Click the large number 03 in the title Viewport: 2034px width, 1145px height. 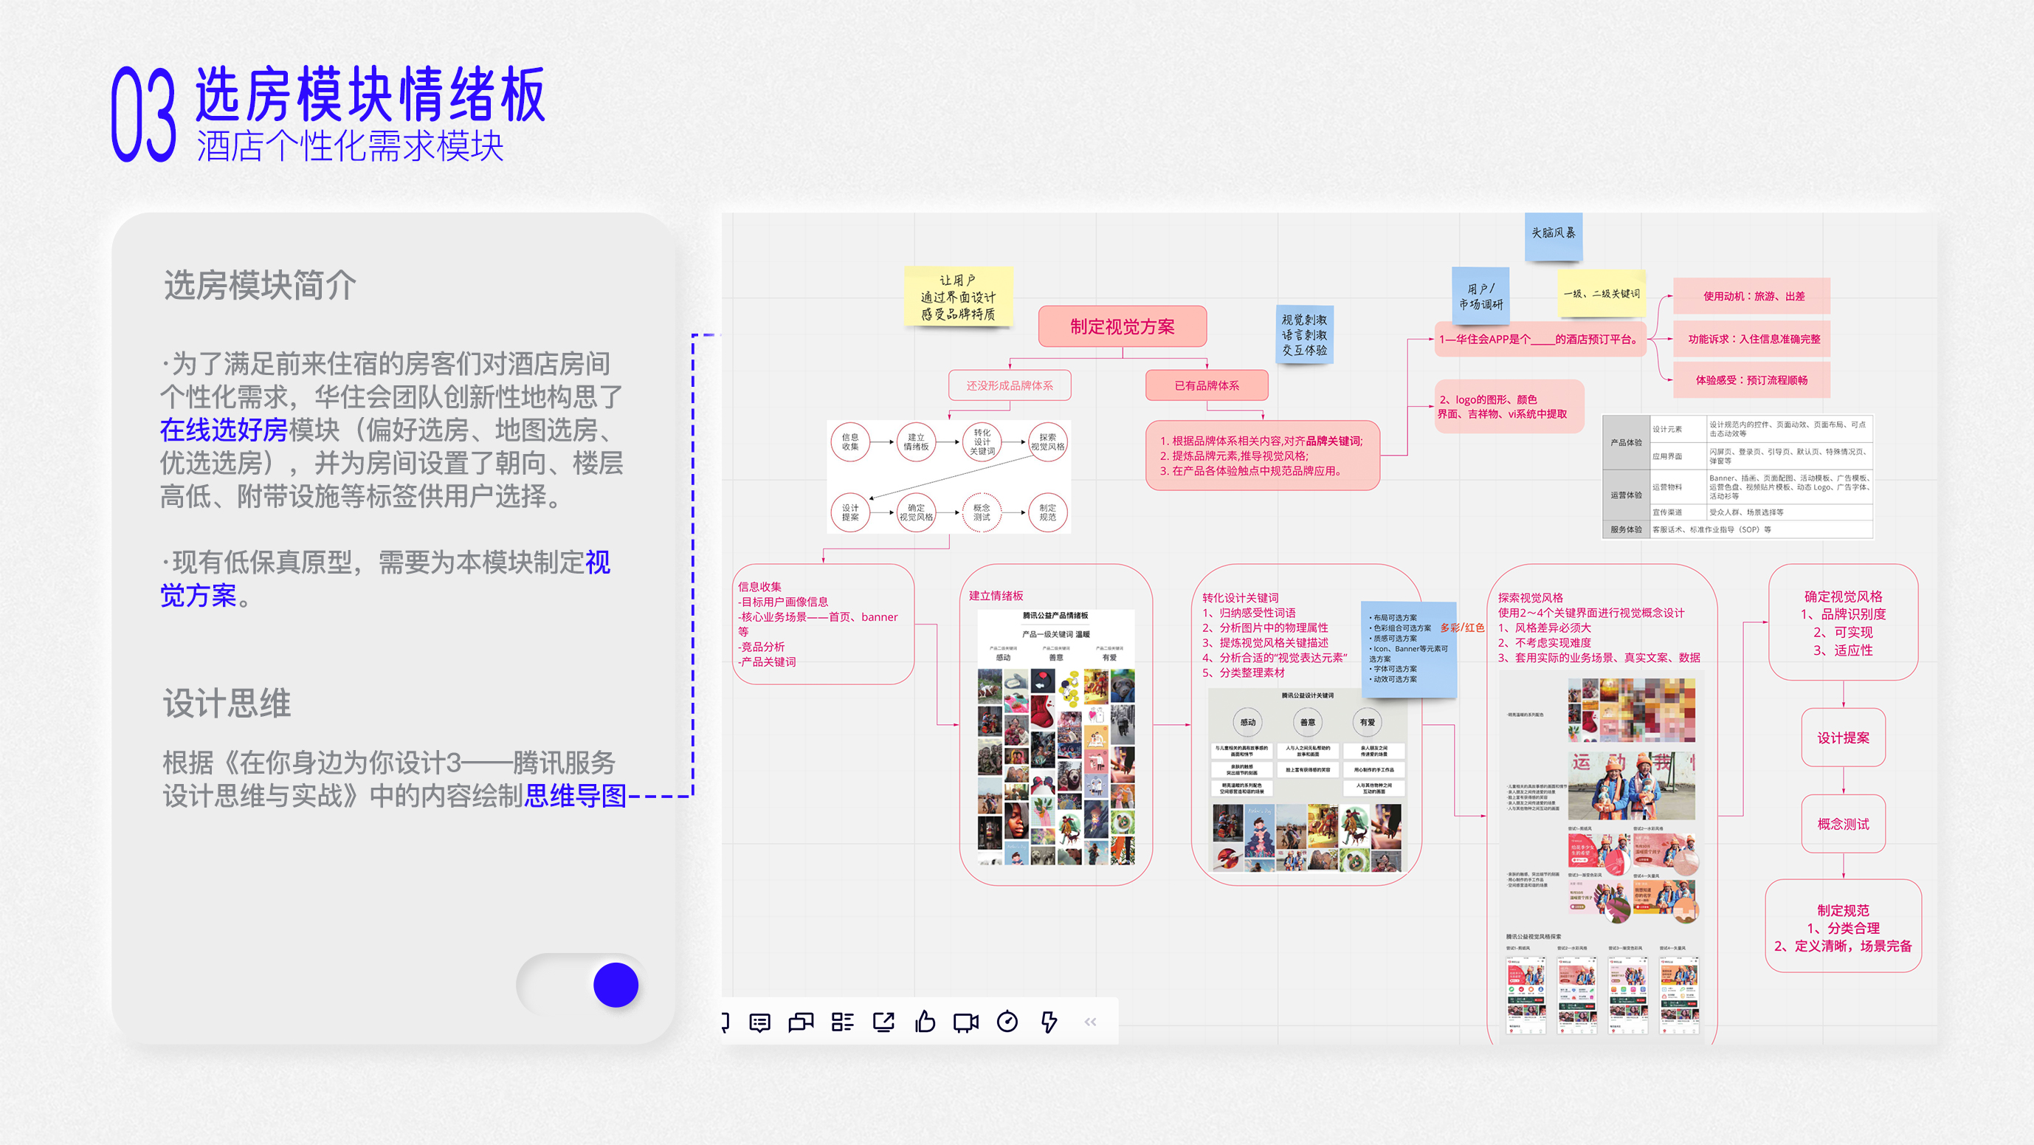pyautogui.click(x=144, y=114)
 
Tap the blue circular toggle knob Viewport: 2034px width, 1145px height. pyautogui.click(x=615, y=985)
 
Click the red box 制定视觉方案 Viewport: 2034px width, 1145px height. pyautogui.click(x=1122, y=326)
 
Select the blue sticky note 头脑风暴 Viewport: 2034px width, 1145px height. pyautogui.click(x=1553, y=234)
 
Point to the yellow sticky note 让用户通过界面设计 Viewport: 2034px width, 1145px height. pyautogui.click(x=958, y=297)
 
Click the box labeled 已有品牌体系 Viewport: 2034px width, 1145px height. pyautogui.click(x=1207, y=385)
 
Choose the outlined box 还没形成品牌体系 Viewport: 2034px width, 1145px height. pyautogui.click(x=1009, y=385)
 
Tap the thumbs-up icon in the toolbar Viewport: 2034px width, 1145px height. pyautogui.click(x=925, y=1022)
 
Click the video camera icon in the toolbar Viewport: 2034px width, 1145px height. pyautogui.click(x=965, y=1022)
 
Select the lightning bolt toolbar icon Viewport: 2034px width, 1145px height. pyautogui.click(x=1049, y=1022)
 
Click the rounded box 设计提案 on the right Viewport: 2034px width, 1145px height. pyautogui.click(x=1843, y=737)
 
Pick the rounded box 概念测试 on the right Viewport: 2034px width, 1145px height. pyautogui.click(x=1843, y=824)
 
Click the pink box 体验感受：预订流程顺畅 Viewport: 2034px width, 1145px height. pyautogui.click(x=1751, y=380)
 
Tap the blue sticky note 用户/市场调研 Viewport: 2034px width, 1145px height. pyautogui.click(x=1480, y=297)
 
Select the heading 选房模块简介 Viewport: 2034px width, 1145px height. pyautogui.click(x=260, y=285)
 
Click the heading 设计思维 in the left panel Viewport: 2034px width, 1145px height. pyautogui.click(x=227, y=703)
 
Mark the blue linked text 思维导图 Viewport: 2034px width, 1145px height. pyautogui.click(x=575, y=795)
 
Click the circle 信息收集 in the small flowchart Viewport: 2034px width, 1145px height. pyautogui.click(x=849, y=441)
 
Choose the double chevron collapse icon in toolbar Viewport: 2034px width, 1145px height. pyautogui.click(x=1090, y=1022)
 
